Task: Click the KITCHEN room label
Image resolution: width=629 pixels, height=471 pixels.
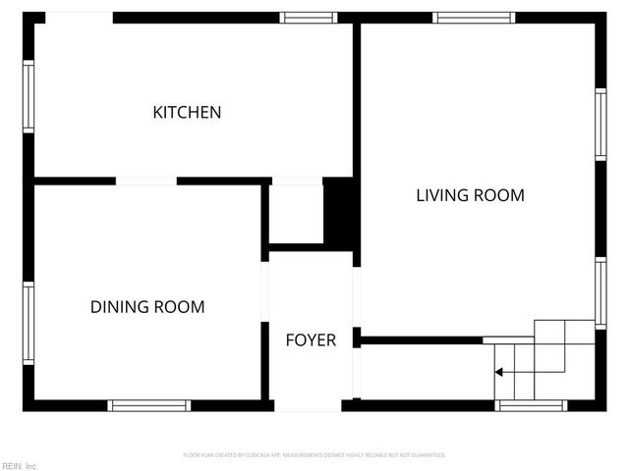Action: click(x=187, y=113)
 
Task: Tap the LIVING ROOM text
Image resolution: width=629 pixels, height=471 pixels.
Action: click(x=470, y=195)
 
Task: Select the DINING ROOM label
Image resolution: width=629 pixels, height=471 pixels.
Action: click(x=147, y=307)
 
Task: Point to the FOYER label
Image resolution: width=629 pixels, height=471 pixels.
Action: click(x=311, y=340)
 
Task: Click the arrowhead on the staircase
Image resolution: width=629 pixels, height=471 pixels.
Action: click(x=500, y=372)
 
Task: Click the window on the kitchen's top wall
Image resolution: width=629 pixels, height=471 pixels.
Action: click(x=310, y=18)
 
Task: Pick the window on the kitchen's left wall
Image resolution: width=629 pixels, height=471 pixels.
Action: click(x=29, y=96)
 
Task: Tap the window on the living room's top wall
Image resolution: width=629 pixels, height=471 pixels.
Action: click(x=474, y=18)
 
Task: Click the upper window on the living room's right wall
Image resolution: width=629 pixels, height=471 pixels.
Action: click(x=600, y=124)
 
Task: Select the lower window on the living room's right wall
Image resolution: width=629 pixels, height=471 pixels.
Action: click(x=600, y=291)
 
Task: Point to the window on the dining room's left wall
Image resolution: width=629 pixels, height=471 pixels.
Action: click(x=29, y=323)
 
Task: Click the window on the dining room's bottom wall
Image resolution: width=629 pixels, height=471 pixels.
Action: click(x=149, y=405)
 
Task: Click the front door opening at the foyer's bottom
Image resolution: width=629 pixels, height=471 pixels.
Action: click(x=307, y=405)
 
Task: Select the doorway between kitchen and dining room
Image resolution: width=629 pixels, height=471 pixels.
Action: click(x=145, y=181)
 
